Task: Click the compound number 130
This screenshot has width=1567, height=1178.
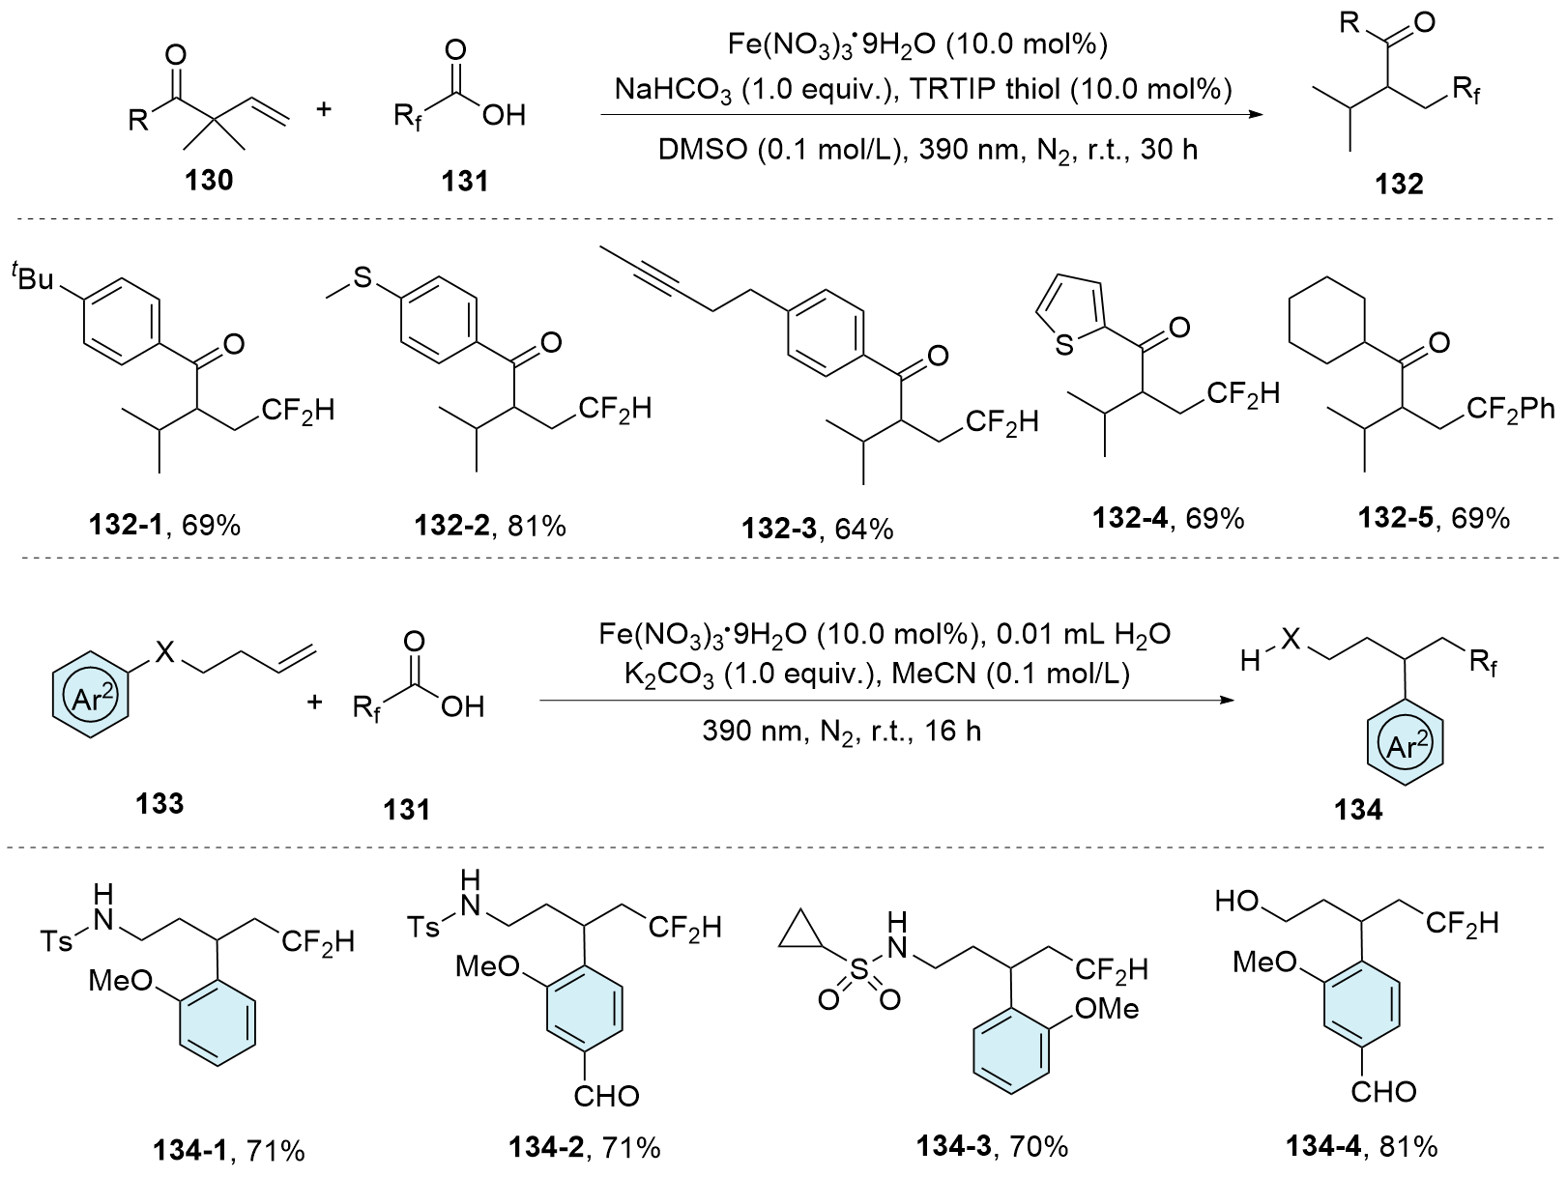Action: [210, 179]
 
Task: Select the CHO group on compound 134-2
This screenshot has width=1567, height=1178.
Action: [606, 1095]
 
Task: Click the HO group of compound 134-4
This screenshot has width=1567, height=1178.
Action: [1238, 902]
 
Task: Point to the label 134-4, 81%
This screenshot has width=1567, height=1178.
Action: [1361, 1147]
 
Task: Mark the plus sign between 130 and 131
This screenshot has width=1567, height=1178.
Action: [324, 108]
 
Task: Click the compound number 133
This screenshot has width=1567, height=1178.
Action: [160, 803]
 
